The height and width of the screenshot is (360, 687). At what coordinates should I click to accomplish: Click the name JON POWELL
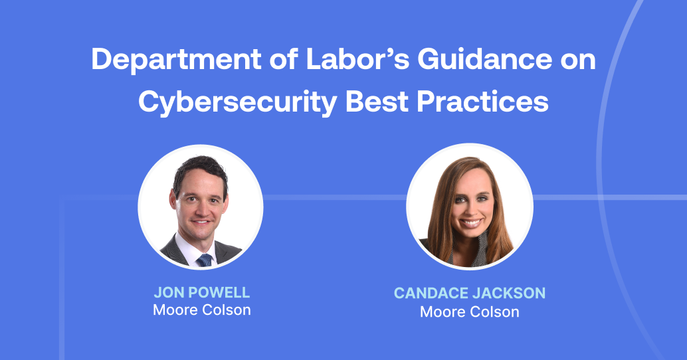[201, 293]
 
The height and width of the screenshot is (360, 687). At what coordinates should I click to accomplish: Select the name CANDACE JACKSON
[469, 294]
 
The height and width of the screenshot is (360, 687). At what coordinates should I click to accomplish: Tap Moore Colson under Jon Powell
[201, 310]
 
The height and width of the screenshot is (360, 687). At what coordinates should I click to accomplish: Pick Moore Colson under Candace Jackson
[469, 311]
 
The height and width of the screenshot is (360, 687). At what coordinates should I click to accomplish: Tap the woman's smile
[471, 223]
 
